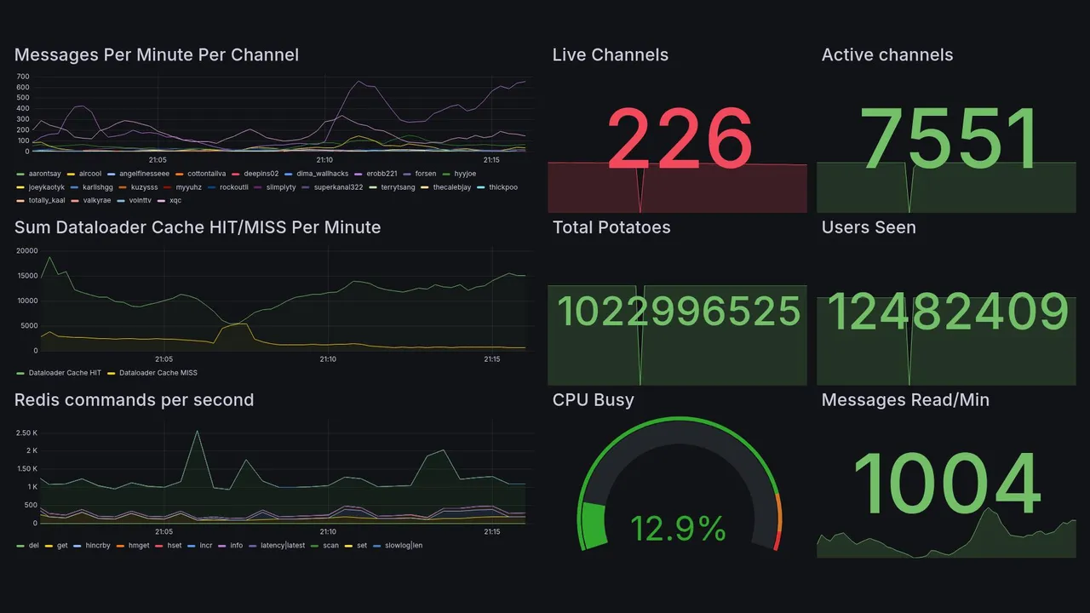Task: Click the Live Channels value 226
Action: (x=679, y=138)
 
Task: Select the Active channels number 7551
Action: (x=949, y=138)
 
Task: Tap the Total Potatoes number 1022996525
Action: (x=679, y=312)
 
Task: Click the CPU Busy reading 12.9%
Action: (x=678, y=529)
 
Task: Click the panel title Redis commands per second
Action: (x=134, y=400)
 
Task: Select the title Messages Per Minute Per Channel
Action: (x=157, y=55)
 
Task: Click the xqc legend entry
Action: (x=175, y=201)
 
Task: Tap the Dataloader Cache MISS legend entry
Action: (x=158, y=373)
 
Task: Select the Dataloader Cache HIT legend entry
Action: (x=64, y=373)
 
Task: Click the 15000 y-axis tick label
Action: (x=26, y=276)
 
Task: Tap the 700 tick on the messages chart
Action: (x=23, y=77)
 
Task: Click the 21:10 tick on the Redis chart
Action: (x=328, y=532)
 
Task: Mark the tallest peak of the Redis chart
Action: (x=198, y=431)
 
